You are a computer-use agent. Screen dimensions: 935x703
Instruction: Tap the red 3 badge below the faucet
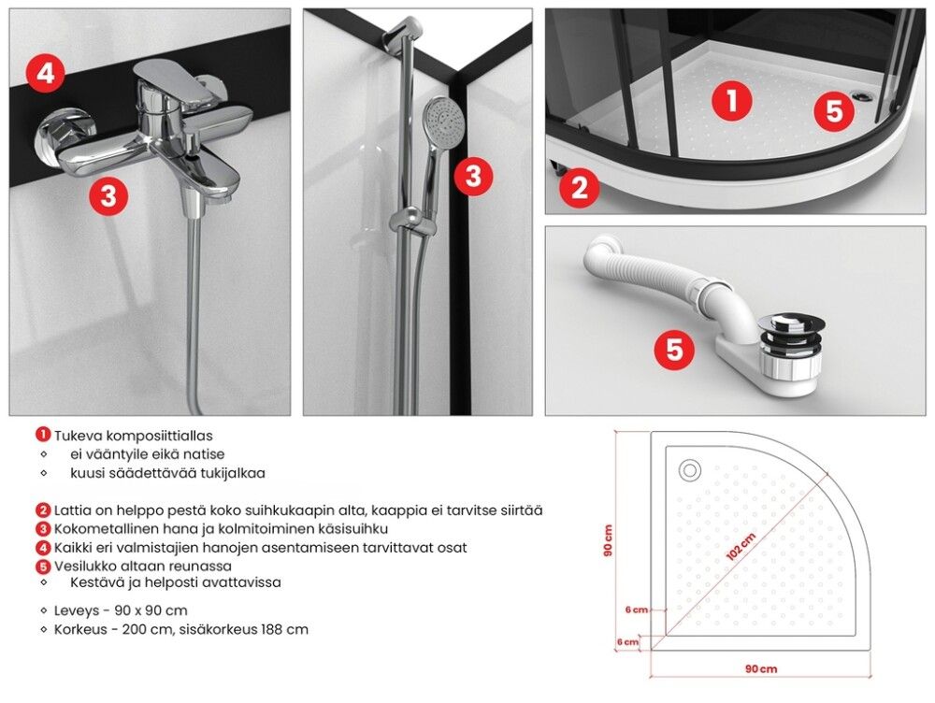108,195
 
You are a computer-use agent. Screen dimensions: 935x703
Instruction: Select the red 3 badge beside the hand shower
473,176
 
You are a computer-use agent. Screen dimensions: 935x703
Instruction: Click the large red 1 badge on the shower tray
732,100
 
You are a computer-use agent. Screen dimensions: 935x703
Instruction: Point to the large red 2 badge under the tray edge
579,188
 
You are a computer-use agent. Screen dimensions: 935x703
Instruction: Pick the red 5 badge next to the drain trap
674,349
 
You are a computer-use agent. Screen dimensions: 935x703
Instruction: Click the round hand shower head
442,122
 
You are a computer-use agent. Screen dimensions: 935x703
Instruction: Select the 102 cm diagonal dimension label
741,546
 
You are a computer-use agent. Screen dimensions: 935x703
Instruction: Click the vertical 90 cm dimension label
608,541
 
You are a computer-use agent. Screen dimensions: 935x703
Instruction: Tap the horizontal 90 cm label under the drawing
761,669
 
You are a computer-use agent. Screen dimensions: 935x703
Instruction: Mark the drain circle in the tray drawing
690,470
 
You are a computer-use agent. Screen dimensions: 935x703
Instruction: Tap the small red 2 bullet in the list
43,510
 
